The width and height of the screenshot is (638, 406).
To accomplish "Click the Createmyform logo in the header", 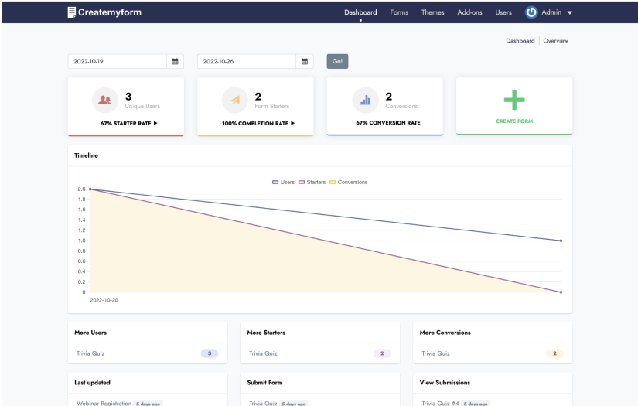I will tap(104, 12).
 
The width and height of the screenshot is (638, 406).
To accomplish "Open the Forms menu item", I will tap(399, 12).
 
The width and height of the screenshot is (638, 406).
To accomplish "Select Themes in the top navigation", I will tap(433, 12).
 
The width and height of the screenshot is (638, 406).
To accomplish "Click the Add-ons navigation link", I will tap(469, 12).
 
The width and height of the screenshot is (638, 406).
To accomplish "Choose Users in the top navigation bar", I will tap(503, 12).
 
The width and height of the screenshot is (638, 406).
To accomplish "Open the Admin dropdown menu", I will tap(549, 12).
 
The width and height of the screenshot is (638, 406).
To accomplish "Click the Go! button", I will tap(337, 61).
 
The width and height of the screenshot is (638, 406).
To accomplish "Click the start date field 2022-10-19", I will tap(117, 61).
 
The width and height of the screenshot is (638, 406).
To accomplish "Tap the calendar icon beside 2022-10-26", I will tap(305, 61).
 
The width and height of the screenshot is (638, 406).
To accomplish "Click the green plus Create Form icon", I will tap(514, 100).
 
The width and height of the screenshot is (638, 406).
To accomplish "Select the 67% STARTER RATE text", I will tap(128, 123).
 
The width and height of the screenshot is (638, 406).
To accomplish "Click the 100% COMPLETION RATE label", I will tap(258, 123).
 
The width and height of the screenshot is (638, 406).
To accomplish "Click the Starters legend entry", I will tap(312, 182).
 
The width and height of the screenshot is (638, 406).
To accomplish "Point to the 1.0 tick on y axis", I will tap(81, 241).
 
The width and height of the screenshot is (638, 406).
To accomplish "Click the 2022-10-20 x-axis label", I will tap(104, 299).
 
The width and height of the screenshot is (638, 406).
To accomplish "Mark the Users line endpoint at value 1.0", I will tap(561, 241).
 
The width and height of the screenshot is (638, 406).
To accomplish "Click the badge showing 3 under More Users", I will tap(209, 353).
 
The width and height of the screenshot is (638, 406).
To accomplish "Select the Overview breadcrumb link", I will tap(555, 40).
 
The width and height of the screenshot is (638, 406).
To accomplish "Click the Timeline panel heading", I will tap(86, 155).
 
